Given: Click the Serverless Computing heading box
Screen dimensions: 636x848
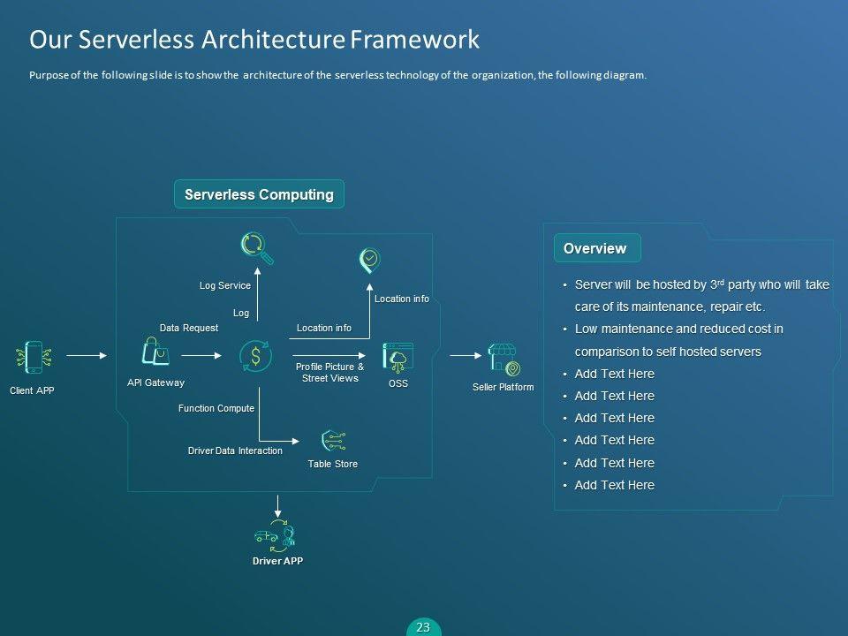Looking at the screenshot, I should click(259, 194).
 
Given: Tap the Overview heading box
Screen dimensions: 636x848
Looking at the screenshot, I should click(596, 249).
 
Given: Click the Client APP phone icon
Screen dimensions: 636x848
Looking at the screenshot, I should click(34, 358).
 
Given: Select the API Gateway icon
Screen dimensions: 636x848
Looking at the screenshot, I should click(155, 353).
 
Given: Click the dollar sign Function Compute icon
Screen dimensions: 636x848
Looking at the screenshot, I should click(256, 356).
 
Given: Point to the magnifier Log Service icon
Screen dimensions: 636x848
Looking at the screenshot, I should click(257, 247).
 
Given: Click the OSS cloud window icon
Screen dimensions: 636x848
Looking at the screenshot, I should click(398, 357).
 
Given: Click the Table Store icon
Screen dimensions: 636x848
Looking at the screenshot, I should click(333, 441).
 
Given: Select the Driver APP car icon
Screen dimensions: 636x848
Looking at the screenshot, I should click(275, 535).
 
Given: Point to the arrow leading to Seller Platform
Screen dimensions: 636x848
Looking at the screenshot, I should click(465, 356).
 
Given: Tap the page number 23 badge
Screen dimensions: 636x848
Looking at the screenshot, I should click(423, 627).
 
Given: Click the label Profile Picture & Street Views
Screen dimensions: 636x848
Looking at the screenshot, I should click(329, 372).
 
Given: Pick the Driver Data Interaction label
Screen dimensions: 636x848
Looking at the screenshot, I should click(235, 450).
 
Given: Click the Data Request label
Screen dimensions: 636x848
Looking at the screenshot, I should click(188, 328).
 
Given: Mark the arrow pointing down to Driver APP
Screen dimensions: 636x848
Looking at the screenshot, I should click(278, 506).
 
